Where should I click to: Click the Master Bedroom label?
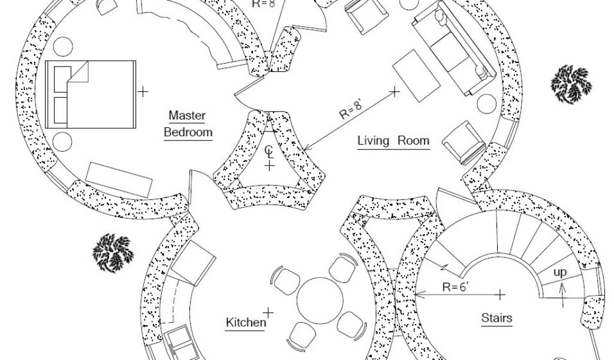[188, 124]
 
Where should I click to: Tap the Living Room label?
[393, 141]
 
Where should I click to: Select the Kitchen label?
[246, 323]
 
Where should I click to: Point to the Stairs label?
[497, 317]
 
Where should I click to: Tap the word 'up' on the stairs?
[560, 272]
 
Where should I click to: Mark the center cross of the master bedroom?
[143, 92]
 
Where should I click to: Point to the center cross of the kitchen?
[269, 312]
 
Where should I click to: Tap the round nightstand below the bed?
[62, 142]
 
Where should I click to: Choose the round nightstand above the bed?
[62, 46]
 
